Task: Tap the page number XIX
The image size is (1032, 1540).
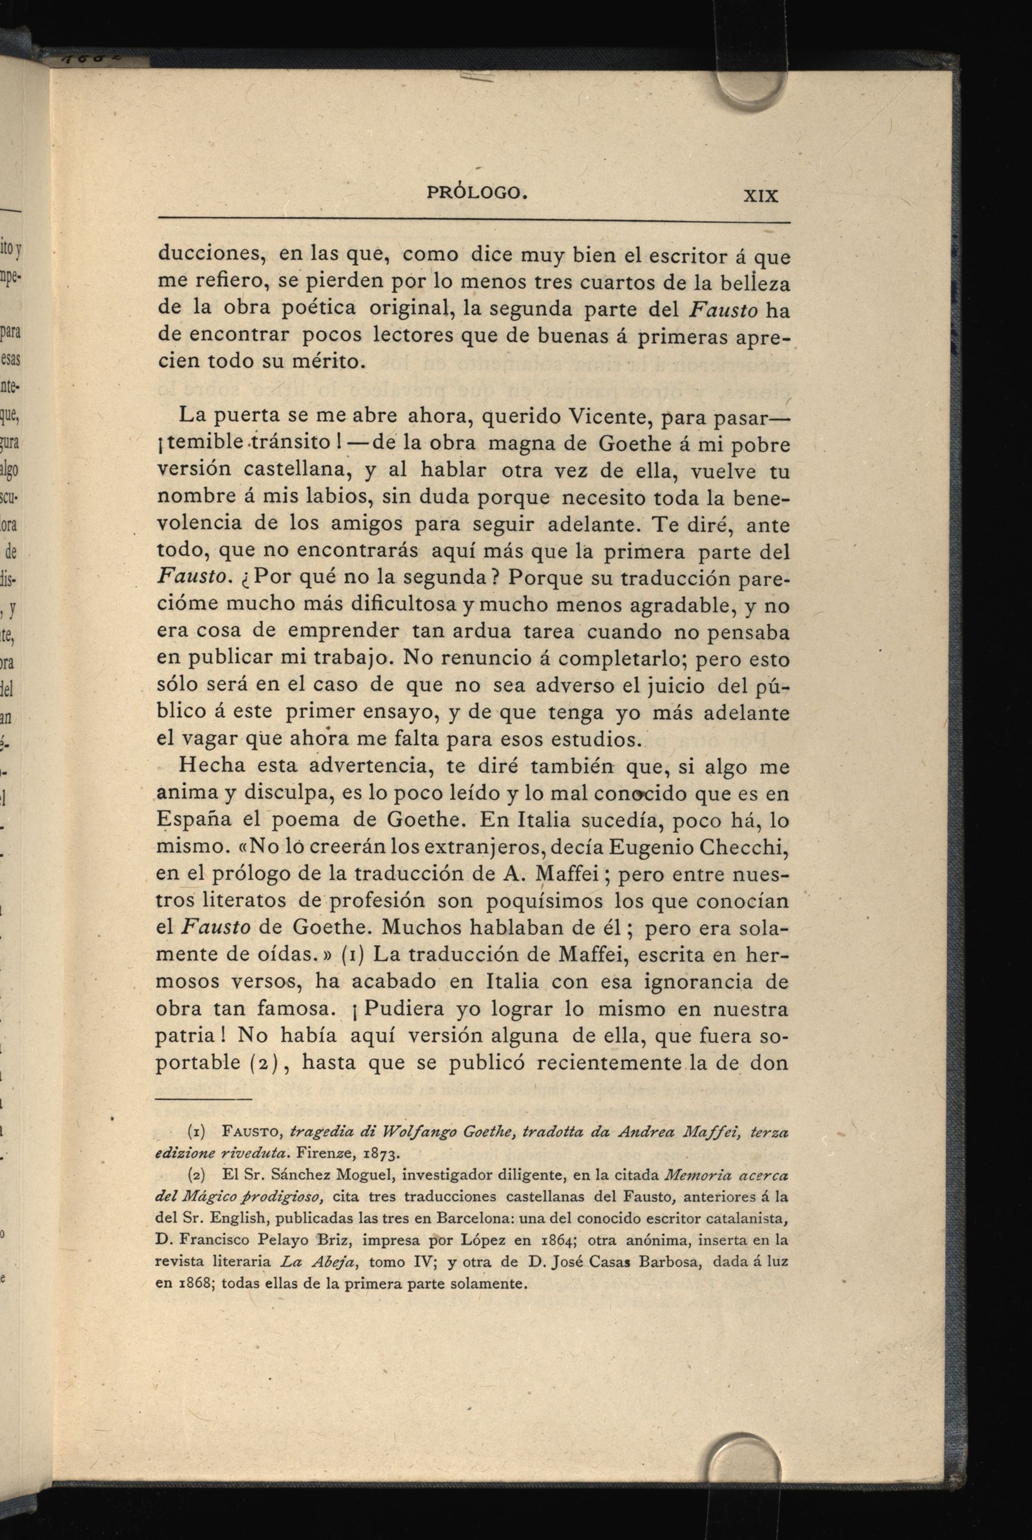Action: coord(761,195)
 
